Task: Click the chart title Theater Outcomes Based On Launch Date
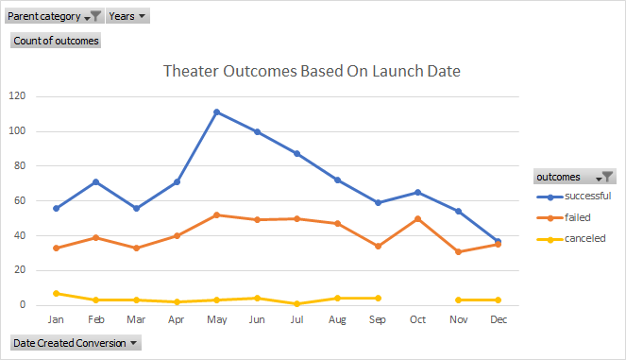(312, 71)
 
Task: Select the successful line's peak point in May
(216, 112)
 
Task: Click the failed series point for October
(418, 218)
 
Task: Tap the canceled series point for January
(56, 293)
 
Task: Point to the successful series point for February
(96, 181)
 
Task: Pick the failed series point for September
(378, 246)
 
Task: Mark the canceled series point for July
(297, 303)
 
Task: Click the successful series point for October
(418, 192)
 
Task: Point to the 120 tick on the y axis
(17, 96)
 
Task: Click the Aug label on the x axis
(338, 320)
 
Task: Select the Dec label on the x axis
(499, 320)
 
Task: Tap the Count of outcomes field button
(56, 41)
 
